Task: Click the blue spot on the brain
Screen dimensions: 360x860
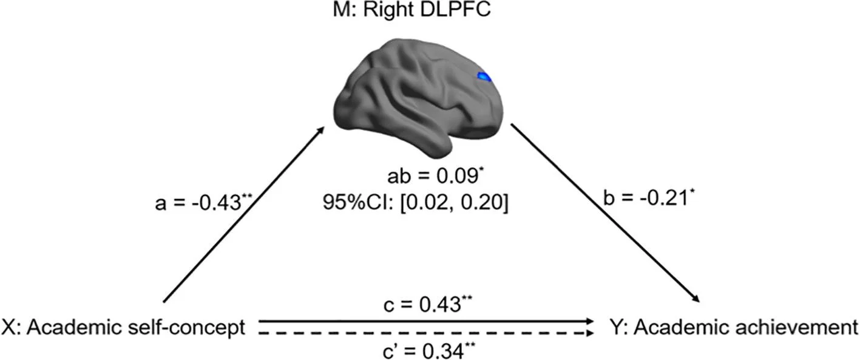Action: pyautogui.click(x=484, y=76)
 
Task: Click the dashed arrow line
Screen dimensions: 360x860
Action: pyautogui.click(x=425, y=334)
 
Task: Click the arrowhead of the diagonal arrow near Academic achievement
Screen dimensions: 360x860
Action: pyautogui.click(x=694, y=297)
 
